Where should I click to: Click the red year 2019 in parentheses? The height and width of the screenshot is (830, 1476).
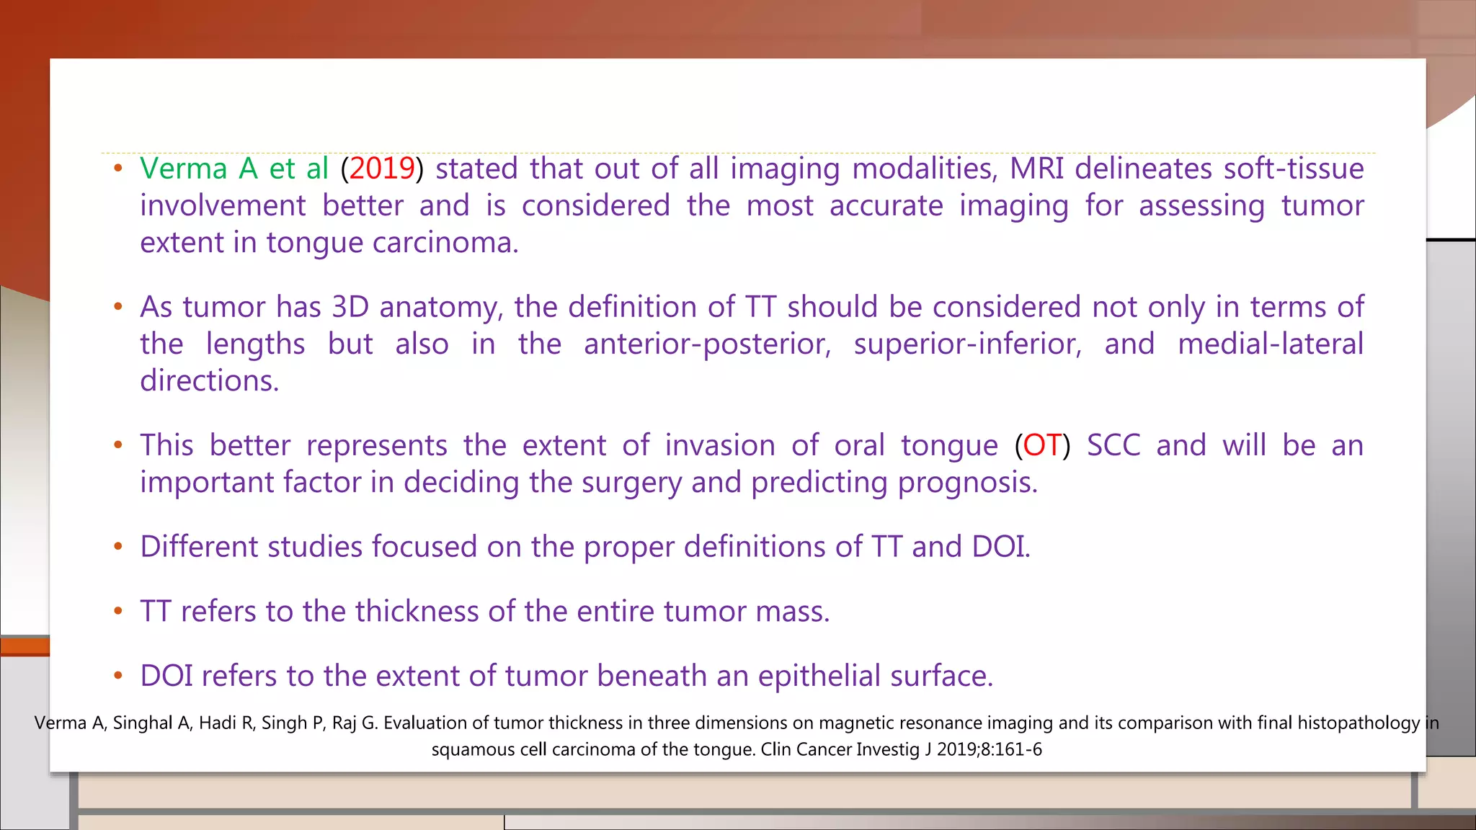(382, 169)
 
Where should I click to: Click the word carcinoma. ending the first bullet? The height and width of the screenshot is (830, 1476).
(445, 243)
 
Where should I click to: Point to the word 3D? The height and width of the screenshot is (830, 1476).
(350, 307)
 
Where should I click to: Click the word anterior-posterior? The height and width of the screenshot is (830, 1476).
(707, 344)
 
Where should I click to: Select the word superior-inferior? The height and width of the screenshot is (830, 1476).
(967, 344)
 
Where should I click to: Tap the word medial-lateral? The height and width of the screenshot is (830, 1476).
(1271, 344)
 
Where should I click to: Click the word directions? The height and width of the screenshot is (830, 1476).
(209, 380)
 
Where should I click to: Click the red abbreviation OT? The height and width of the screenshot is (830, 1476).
(1042, 445)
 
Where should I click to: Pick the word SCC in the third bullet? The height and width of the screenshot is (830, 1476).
(1113, 445)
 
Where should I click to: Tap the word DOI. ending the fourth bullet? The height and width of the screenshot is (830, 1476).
(1000, 547)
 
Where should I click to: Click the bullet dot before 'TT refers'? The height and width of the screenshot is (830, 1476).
(118, 612)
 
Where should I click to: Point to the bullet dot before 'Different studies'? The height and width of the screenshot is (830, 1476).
(118, 547)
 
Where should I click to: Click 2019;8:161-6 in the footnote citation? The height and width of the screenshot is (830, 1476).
(989, 749)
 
